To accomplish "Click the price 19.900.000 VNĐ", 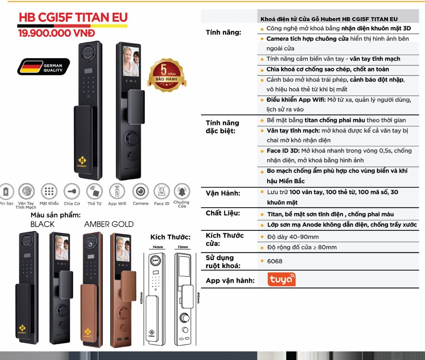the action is (x=57, y=33).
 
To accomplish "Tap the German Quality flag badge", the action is (x=44, y=67).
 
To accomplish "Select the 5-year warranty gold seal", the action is (x=167, y=75).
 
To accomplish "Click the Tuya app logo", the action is (x=281, y=280).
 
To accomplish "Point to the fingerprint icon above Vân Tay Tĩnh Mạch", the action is (x=26, y=191).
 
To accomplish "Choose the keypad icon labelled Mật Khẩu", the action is (x=49, y=191).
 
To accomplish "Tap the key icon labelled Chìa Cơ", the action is (x=72, y=191).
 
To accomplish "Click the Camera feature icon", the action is (x=140, y=191).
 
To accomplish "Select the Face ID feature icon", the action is (x=161, y=191).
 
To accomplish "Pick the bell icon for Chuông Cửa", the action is (x=182, y=191).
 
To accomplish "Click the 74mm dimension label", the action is (x=158, y=247).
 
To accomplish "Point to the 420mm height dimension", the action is (x=141, y=298).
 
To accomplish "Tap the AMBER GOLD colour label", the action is (x=109, y=224).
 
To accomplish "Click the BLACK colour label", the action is (x=42, y=224).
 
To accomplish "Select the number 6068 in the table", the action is (x=275, y=261).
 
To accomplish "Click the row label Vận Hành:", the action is (x=223, y=193).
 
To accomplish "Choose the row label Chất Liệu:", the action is (x=223, y=213).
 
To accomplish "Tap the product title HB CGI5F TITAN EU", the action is (x=73, y=17).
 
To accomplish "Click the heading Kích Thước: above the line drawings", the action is (x=170, y=237).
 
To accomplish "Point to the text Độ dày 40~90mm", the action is (x=293, y=237).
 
